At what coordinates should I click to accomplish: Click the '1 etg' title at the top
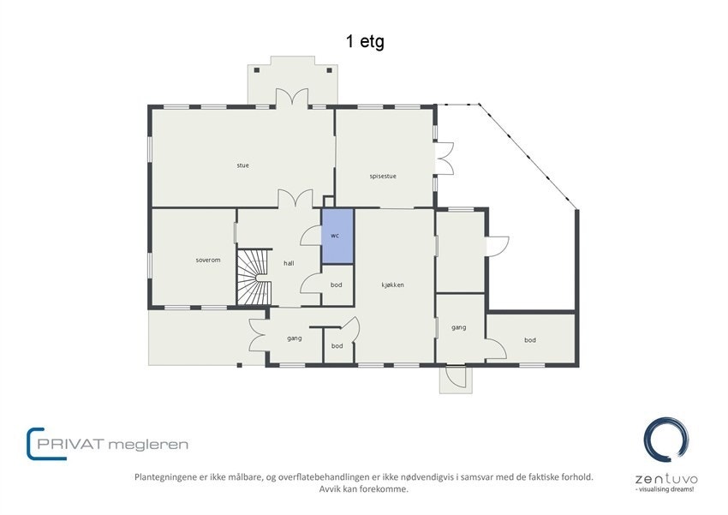coord(365,41)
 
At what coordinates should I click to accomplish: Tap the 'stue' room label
coord(243,165)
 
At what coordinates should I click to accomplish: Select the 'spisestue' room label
coord(383,177)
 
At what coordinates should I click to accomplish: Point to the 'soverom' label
coord(208,260)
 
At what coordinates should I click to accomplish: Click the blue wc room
coord(337,236)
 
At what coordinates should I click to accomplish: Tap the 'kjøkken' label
coord(393,284)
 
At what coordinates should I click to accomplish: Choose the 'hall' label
coord(289,263)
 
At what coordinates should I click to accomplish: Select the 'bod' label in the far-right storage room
coord(530,340)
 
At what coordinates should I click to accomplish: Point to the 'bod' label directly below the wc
coord(337,284)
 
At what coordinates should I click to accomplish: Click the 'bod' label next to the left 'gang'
coord(337,346)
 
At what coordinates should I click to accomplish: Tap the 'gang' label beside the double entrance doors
coord(294,338)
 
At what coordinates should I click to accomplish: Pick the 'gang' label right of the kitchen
coord(458,327)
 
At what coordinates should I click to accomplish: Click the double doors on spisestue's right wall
coord(444,159)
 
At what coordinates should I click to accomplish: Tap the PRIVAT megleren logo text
coord(108,444)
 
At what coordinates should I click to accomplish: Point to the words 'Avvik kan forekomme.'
coord(363,489)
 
